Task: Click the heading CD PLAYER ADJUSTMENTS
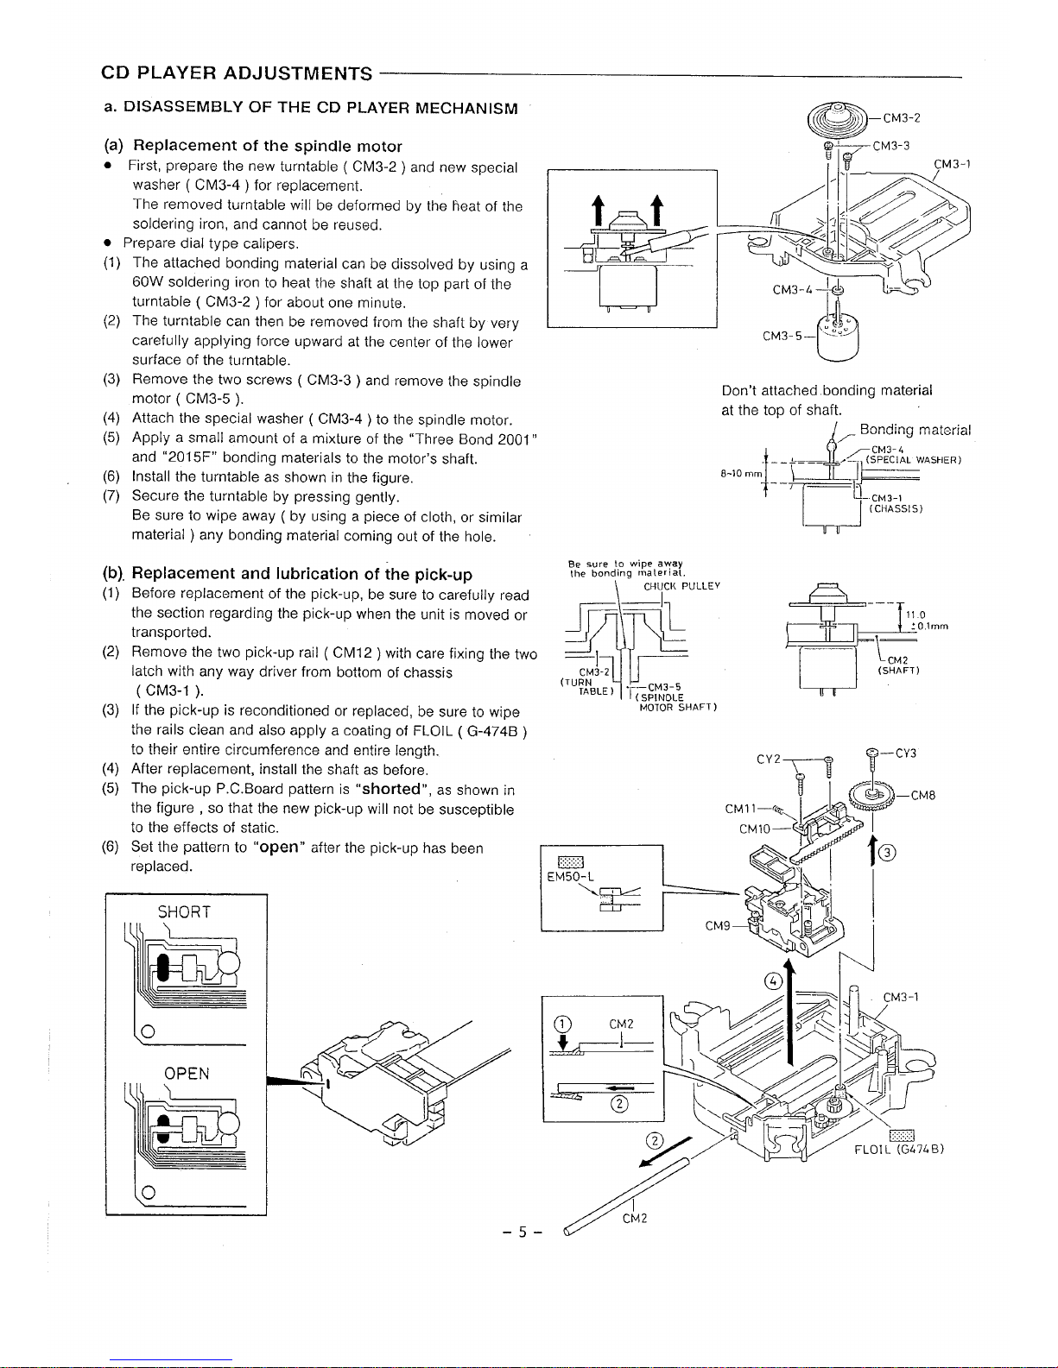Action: point(237,73)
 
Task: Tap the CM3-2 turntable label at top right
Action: point(902,118)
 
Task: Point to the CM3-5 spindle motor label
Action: point(782,337)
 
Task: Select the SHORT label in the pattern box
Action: point(184,912)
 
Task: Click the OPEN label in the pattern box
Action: point(187,1074)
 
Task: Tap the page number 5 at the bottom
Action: point(522,1232)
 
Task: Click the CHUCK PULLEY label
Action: point(681,586)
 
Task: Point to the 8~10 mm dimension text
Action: point(741,474)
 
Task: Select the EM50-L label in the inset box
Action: point(571,876)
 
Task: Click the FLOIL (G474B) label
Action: point(899,1150)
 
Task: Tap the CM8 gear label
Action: point(923,796)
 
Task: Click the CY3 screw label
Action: point(906,753)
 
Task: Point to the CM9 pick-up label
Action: point(718,926)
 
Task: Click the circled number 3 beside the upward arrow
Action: point(887,854)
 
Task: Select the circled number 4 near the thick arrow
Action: point(773,980)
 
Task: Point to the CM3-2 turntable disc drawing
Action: point(839,118)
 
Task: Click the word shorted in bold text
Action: point(391,790)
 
